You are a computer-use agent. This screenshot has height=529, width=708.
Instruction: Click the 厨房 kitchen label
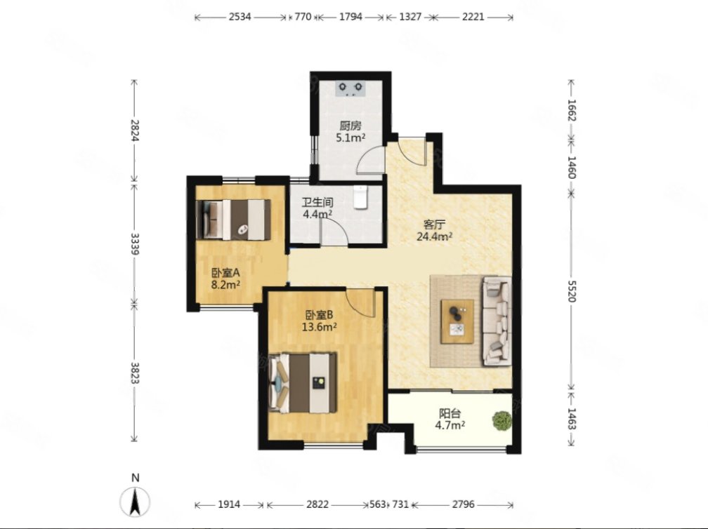[350, 126]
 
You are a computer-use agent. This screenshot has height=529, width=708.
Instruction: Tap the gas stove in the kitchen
[351, 89]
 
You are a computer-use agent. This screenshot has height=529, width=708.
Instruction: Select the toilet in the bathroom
[361, 198]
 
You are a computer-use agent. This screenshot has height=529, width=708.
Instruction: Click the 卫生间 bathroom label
[318, 203]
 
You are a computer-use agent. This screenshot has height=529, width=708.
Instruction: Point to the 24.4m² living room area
[435, 236]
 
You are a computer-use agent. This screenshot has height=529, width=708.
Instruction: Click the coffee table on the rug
[457, 321]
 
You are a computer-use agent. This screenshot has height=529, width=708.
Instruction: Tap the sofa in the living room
[497, 321]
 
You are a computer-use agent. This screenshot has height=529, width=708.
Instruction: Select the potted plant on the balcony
[502, 421]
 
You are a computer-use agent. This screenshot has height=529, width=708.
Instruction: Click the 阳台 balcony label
[450, 413]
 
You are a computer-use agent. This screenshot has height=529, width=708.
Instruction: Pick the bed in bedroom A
[233, 220]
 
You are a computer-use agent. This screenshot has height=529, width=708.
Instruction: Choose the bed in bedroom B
[303, 382]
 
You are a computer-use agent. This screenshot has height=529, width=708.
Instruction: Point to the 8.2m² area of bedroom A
[225, 285]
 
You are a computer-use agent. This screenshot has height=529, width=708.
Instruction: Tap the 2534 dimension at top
[240, 17]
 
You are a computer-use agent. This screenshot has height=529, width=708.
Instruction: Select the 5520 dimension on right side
[572, 291]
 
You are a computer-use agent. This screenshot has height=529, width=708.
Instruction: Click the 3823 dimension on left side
[135, 373]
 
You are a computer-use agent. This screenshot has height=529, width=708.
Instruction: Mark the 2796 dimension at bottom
[464, 504]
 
